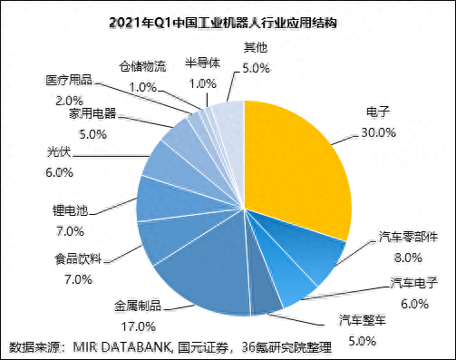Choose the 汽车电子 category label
tap(413, 284)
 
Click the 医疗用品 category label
tap(68, 80)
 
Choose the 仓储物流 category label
tap(143, 66)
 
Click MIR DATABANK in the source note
tap(118, 347)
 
